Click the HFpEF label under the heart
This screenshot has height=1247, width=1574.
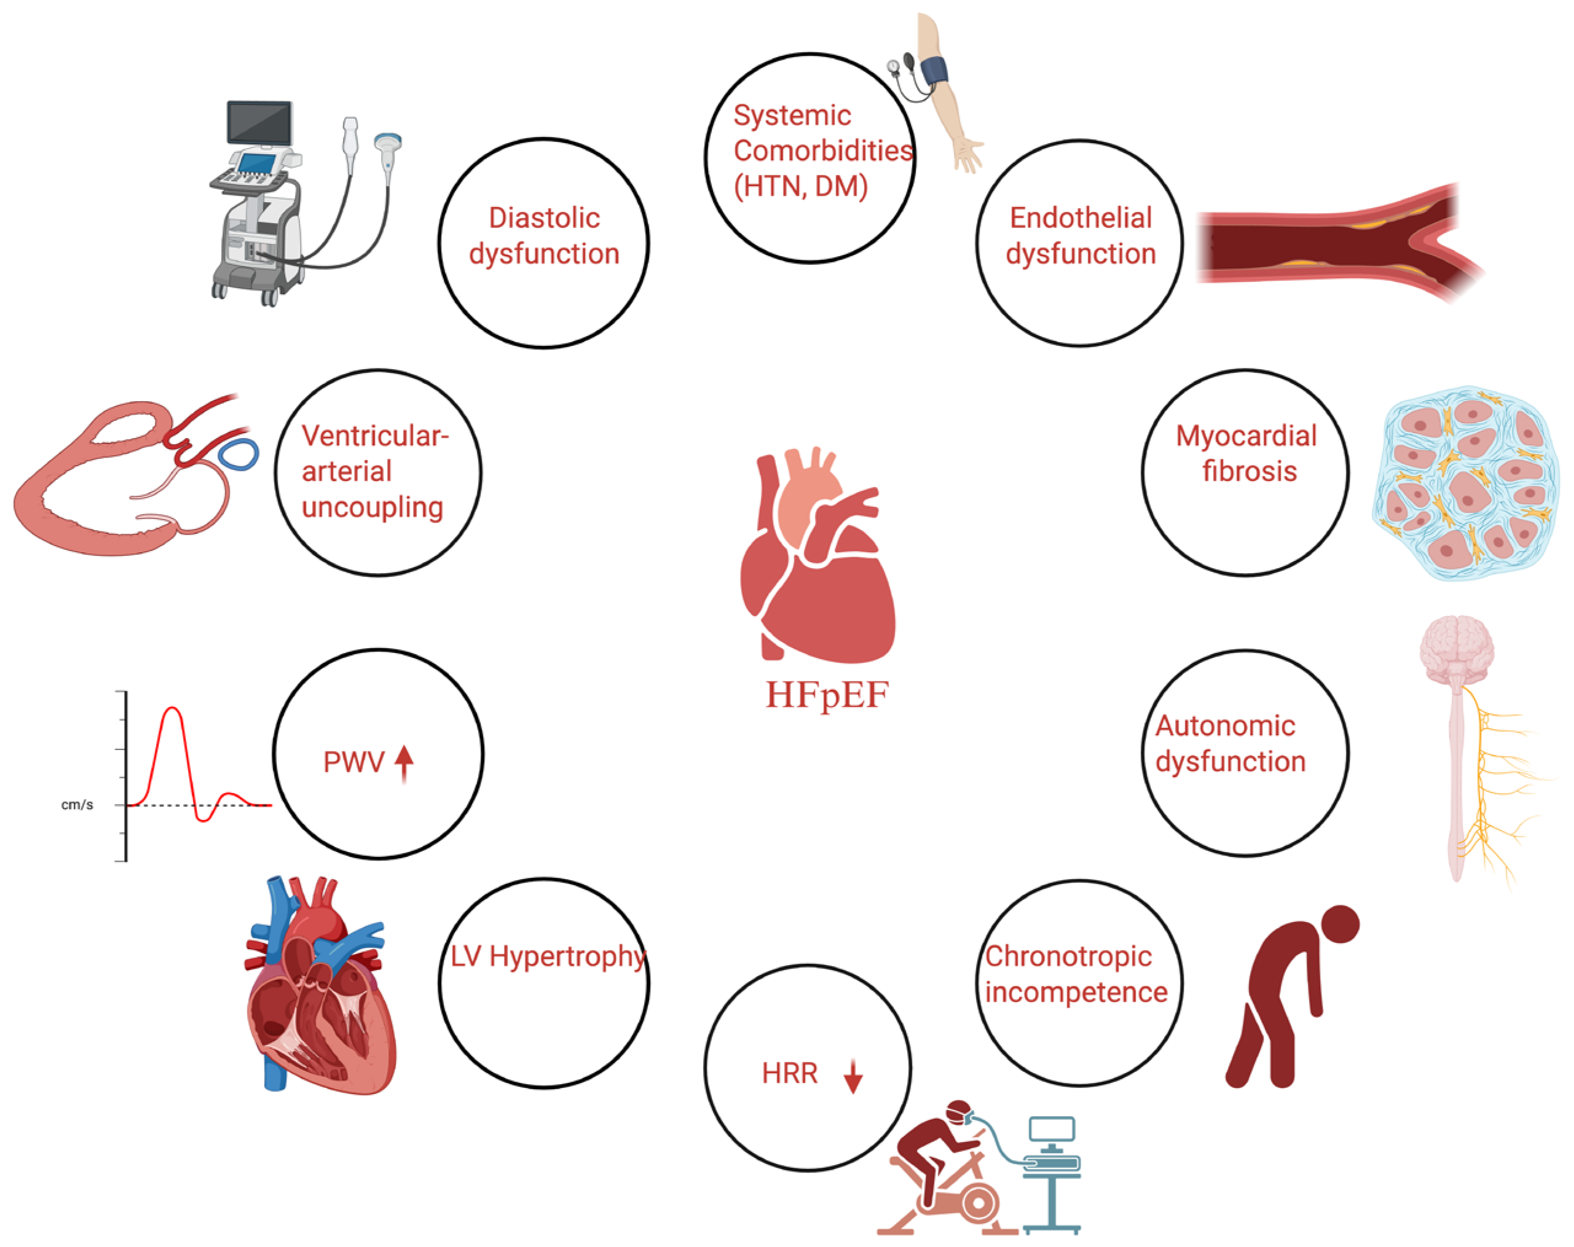coord(827,695)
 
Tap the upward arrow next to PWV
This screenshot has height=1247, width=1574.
coord(404,763)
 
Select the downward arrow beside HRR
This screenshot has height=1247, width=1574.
coord(852,1076)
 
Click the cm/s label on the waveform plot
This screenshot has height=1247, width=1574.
coord(77,805)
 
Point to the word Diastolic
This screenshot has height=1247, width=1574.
coord(544,218)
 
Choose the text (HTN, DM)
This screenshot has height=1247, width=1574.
coord(800,187)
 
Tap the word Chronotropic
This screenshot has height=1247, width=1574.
coord(1068,956)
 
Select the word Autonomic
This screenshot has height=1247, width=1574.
coord(1225,726)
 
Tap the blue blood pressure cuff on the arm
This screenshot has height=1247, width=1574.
coord(934,71)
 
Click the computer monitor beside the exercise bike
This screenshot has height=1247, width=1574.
coord(1052,1130)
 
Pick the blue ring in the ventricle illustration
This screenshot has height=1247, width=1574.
coord(238,454)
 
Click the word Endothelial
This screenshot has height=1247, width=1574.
coord(1080,218)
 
